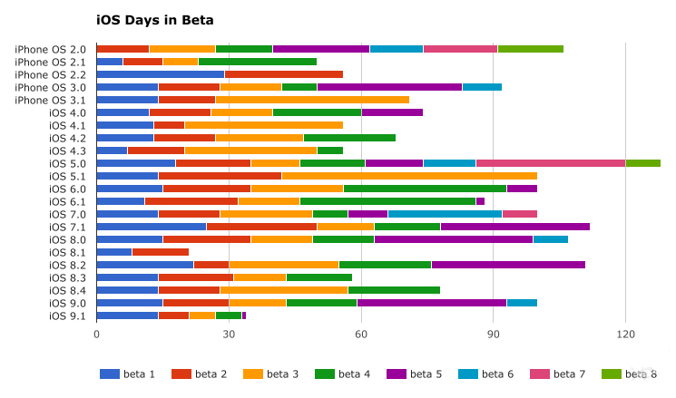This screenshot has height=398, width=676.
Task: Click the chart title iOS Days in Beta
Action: [x=155, y=19]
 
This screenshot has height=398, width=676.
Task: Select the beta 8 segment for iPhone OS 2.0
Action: [x=530, y=49]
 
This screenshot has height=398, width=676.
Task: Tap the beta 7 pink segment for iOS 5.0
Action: [x=551, y=163]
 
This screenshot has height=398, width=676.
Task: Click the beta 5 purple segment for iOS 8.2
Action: [x=508, y=265]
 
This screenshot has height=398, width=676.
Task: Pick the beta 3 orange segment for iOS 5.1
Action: [x=409, y=176]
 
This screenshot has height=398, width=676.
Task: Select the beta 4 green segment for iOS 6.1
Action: [x=387, y=201]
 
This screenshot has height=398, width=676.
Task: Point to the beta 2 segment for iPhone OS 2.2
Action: [x=283, y=74]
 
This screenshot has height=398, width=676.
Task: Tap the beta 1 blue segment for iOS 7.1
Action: [x=151, y=227]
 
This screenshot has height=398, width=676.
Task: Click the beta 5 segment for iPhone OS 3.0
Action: [x=389, y=87]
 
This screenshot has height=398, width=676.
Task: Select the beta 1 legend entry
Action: [x=128, y=374]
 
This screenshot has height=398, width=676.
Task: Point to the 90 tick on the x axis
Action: [x=493, y=334]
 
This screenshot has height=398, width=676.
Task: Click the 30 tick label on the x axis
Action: [x=229, y=334]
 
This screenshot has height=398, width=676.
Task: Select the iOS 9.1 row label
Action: [x=68, y=315]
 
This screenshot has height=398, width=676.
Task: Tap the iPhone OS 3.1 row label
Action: [x=51, y=100]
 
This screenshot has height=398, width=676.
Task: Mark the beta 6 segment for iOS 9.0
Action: [x=522, y=303]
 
